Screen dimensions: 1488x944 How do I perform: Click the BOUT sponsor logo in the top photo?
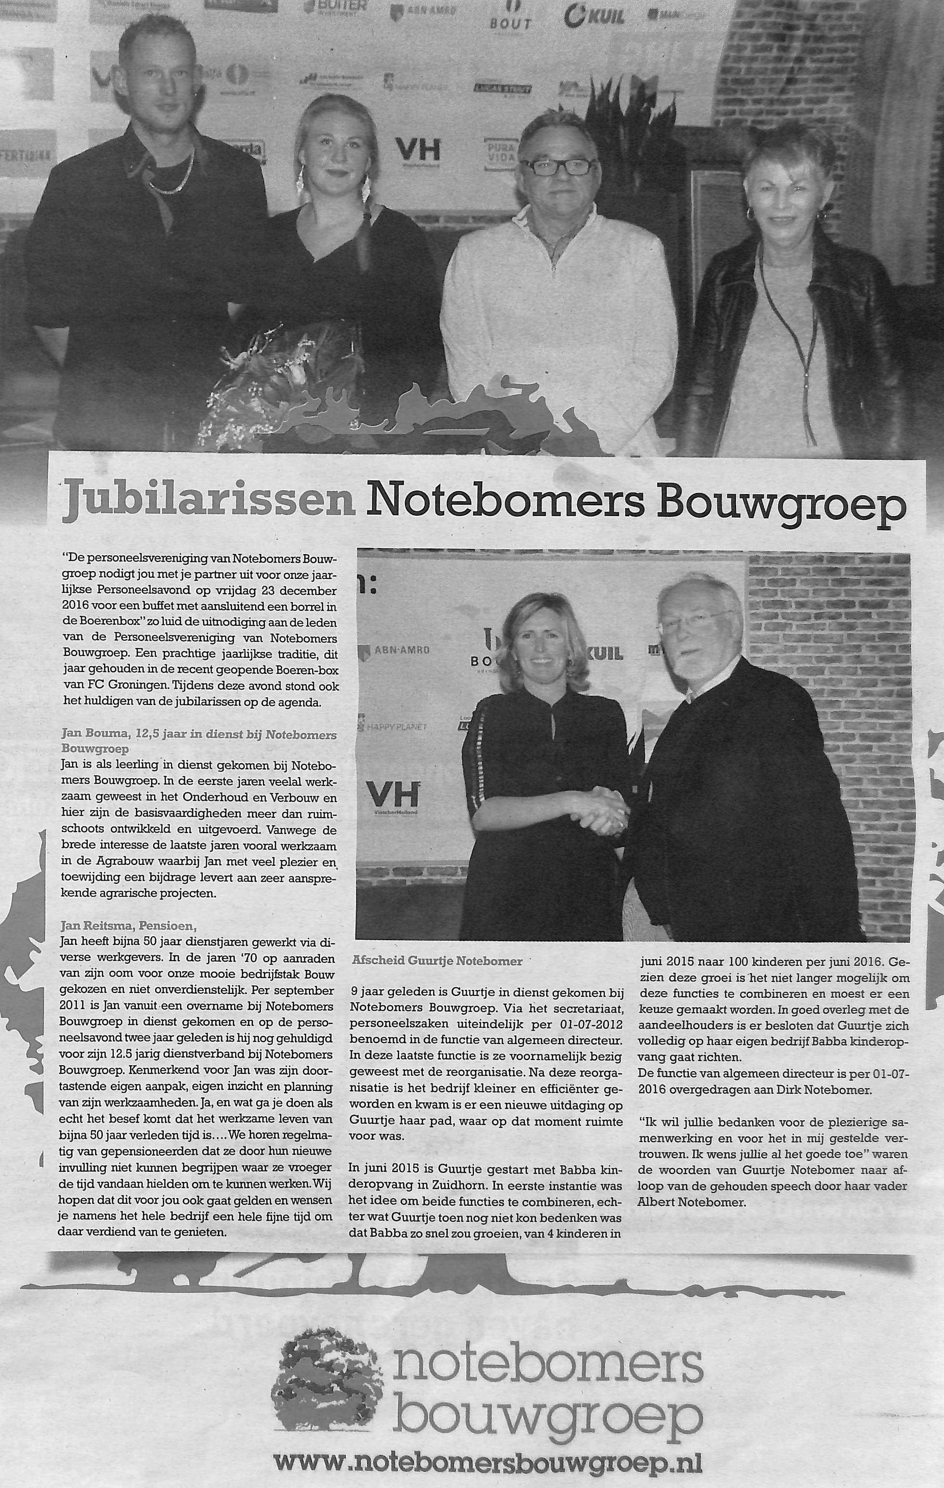[510, 17]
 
